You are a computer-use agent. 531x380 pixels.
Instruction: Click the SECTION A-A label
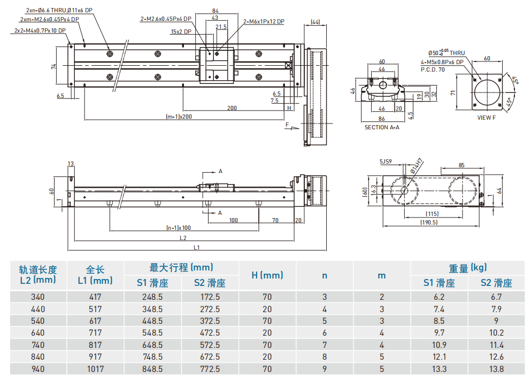382,127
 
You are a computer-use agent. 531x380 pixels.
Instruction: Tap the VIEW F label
487,118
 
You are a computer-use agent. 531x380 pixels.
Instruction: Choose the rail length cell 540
37,321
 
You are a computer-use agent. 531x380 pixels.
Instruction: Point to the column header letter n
325,276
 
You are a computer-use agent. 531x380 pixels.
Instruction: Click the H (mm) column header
267,276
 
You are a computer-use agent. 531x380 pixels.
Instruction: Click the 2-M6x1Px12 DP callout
264,22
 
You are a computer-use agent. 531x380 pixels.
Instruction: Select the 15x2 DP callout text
181,32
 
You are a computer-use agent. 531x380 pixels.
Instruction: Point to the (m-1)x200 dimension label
179,117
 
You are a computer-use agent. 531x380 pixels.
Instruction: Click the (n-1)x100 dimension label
178,227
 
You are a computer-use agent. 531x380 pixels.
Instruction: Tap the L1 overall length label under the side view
196,247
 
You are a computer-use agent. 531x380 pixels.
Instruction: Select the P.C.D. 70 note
433,69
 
